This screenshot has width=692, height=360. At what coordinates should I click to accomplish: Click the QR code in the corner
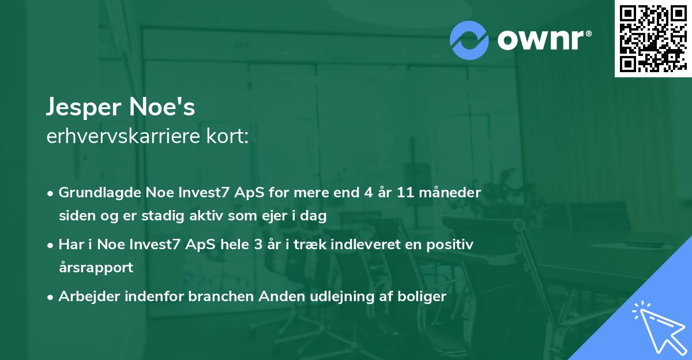tap(653, 39)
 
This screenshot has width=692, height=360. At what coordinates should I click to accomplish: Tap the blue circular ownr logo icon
tap(469, 40)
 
